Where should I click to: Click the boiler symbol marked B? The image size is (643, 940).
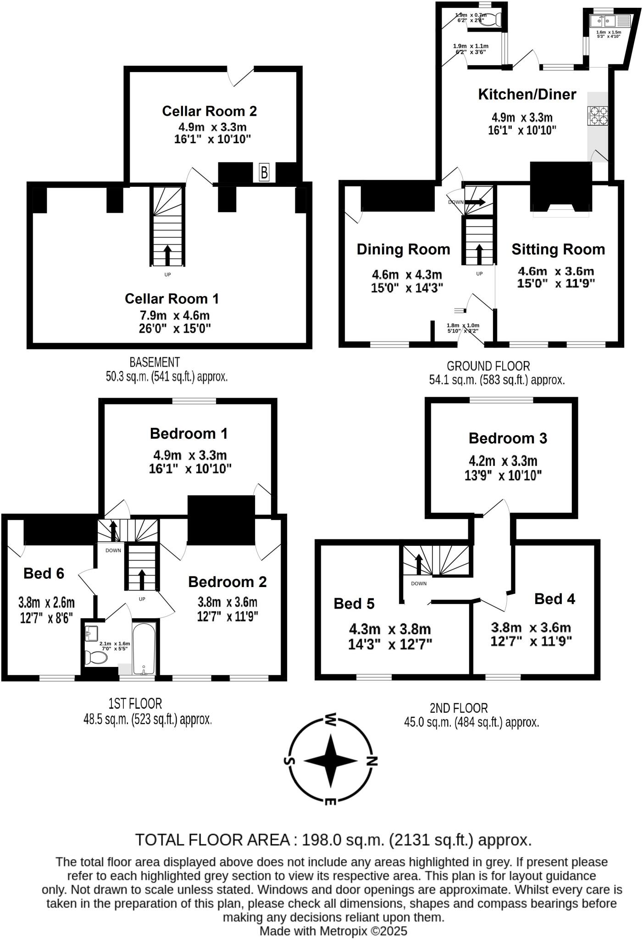[264, 173]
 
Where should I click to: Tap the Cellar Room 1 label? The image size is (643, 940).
[172, 299]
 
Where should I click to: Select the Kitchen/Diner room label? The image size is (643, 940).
[527, 95]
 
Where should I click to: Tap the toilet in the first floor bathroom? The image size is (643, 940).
[96, 657]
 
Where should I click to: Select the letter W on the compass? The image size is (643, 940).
[331, 719]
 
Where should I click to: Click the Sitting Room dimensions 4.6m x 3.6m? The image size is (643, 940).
[556, 272]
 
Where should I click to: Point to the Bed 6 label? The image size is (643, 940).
[44, 573]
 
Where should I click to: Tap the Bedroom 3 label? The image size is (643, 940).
[508, 438]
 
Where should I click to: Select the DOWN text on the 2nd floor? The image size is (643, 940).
[419, 583]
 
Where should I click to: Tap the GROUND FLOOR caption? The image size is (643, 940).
[488, 366]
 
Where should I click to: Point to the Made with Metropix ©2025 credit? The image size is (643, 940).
[333, 931]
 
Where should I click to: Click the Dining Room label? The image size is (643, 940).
[403, 250]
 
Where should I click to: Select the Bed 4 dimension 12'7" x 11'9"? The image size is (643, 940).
[531, 641]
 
